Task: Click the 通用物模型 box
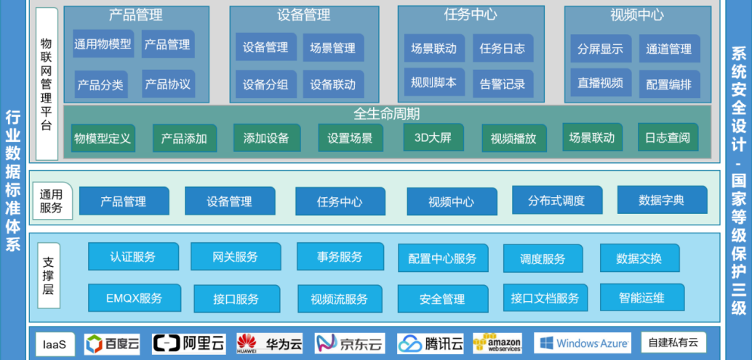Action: [x=103, y=44]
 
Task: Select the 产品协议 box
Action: [x=168, y=84]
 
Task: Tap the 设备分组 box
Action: [x=265, y=85]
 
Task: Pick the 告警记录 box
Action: [x=503, y=84]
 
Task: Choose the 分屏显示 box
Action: [x=601, y=49]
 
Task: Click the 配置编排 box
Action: [x=669, y=84]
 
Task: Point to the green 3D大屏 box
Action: [x=433, y=137]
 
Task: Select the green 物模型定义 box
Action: [x=103, y=138]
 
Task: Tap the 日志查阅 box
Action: [x=668, y=137]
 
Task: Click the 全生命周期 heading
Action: [x=387, y=114]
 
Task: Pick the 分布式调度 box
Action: [x=556, y=200]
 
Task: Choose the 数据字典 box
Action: [x=662, y=200]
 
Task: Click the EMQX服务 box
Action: [x=135, y=298]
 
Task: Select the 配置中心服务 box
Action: [x=443, y=258]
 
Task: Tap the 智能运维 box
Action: [x=641, y=297]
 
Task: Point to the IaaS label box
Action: [x=55, y=344]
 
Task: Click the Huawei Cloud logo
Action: [x=270, y=343]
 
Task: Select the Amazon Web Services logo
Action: [x=497, y=343]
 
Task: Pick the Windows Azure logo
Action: [x=583, y=343]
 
